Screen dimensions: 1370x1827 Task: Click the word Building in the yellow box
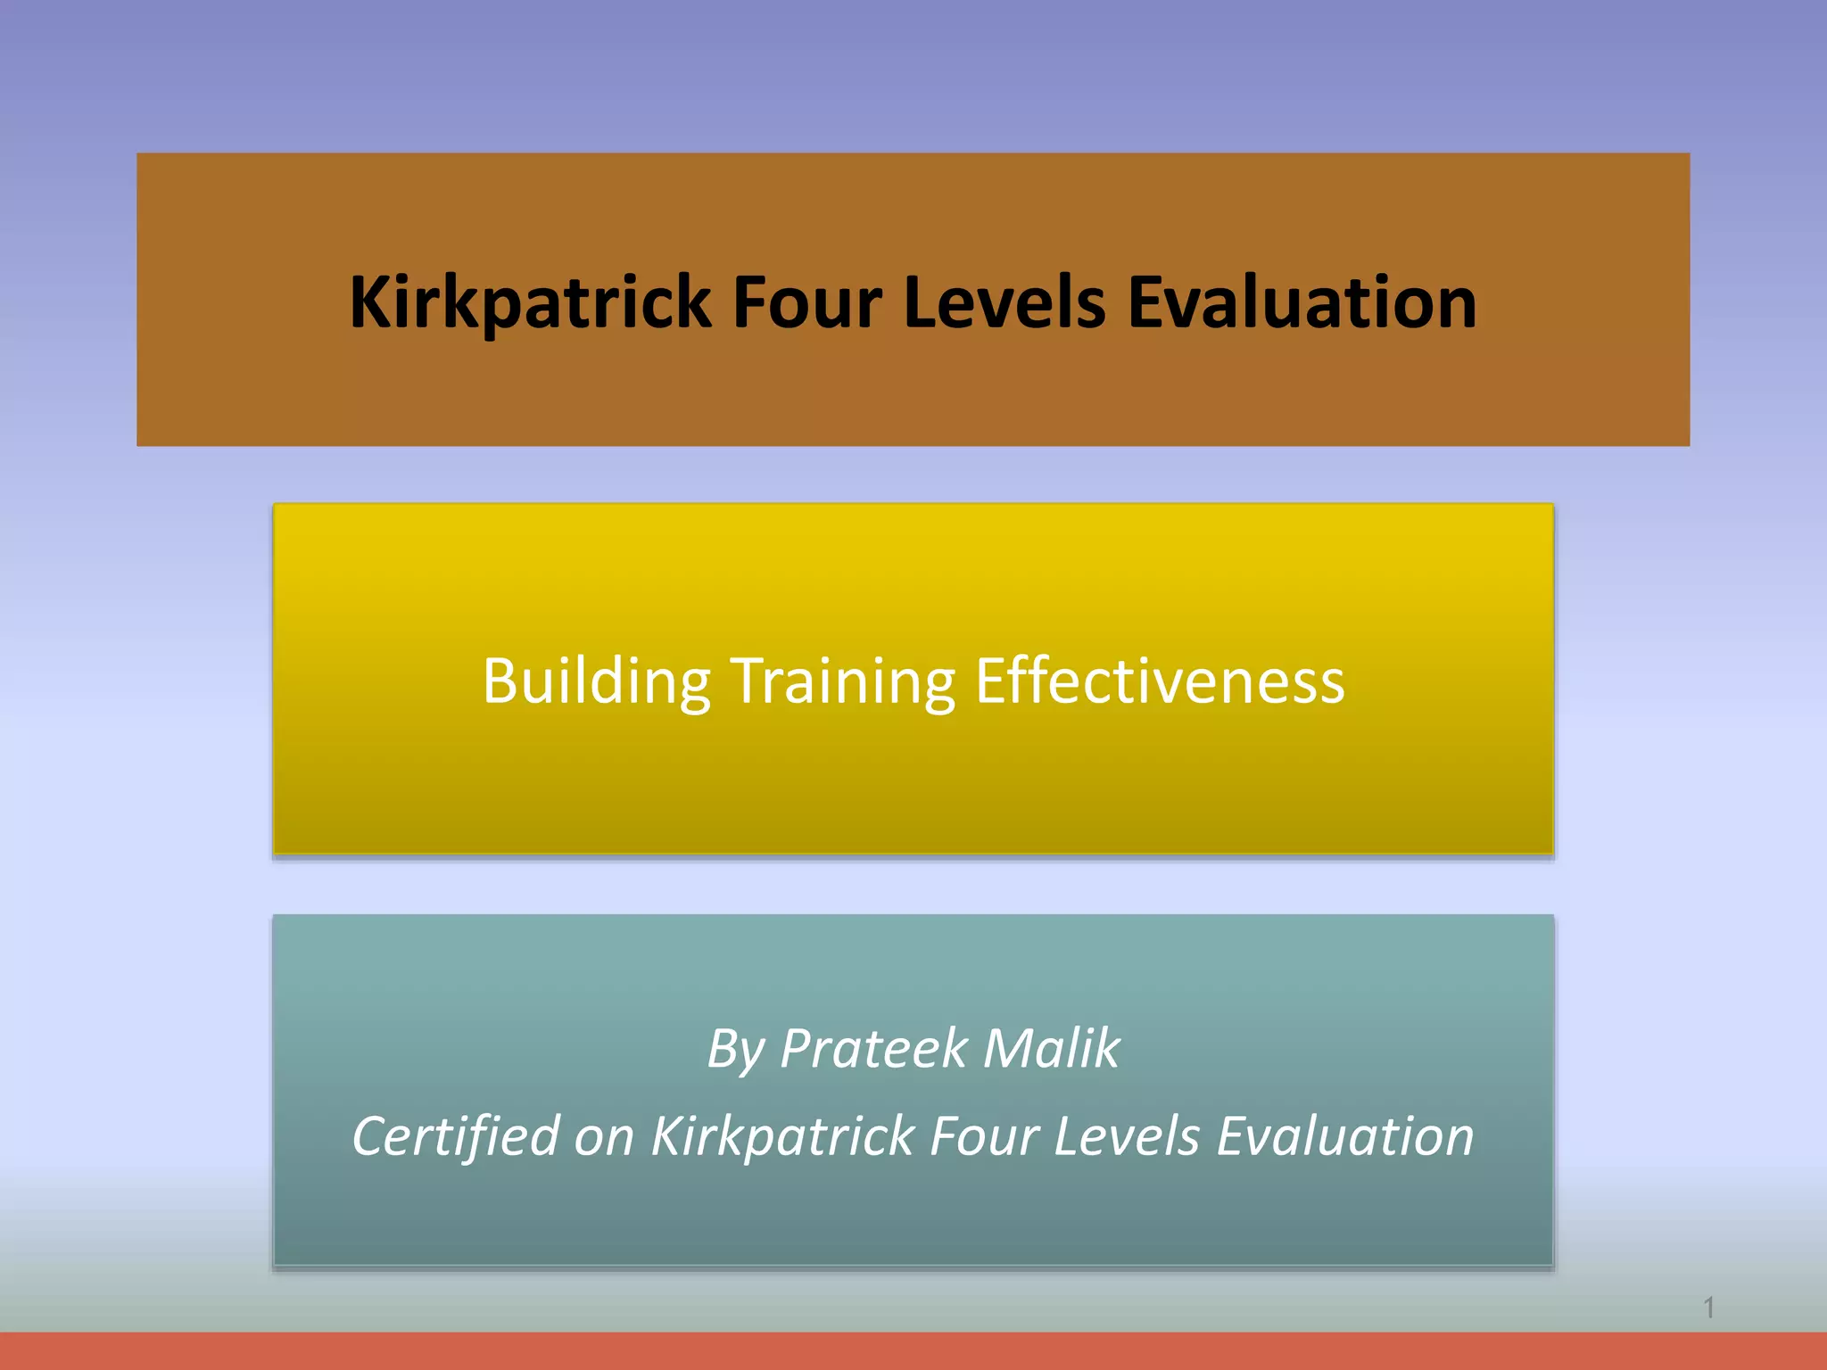click(596, 681)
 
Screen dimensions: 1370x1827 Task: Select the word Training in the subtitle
click(842, 681)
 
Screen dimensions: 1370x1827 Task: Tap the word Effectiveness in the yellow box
click(1160, 681)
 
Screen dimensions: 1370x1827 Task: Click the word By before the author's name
click(735, 1049)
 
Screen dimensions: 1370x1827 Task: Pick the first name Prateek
click(873, 1049)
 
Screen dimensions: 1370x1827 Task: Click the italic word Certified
click(455, 1137)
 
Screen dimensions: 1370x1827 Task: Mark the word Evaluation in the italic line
click(1345, 1137)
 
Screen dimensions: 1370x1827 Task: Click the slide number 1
click(1709, 1308)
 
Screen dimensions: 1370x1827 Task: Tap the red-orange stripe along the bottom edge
click(913, 1351)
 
